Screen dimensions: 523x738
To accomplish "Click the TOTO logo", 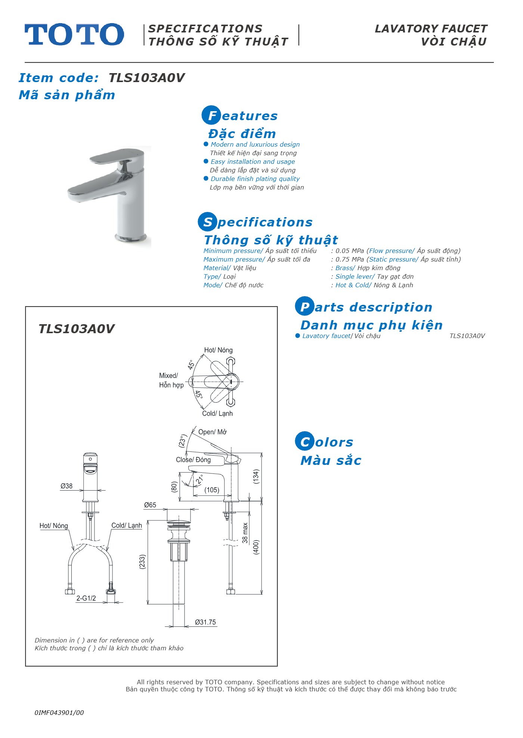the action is point(74,34).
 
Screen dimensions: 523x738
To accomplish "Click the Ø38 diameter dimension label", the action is point(66,486).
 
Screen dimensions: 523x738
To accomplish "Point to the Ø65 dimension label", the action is point(150,505).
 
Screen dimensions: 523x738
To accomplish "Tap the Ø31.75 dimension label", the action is point(205,622).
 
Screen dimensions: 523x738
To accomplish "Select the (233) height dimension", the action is point(142,562).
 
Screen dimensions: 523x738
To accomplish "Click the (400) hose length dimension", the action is point(256,547).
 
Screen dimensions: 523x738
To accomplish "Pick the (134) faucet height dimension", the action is point(256,477).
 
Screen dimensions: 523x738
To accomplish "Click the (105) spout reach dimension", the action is point(212,490).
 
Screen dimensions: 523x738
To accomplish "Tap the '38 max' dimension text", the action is point(245,533).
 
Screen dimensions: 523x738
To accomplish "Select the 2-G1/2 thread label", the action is point(86,598).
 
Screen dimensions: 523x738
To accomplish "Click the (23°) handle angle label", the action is point(182,441).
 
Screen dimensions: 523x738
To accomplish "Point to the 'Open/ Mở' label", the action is point(213,432).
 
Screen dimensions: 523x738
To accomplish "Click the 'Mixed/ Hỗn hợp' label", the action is point(171,380).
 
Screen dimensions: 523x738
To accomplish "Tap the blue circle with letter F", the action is point(211,115).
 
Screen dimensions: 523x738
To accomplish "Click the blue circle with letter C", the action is point(305,441).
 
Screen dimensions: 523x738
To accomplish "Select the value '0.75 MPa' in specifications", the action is point(350,259).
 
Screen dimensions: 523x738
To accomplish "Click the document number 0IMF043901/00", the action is point(59,713).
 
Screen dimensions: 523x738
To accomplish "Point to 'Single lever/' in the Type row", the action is point(355,276).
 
